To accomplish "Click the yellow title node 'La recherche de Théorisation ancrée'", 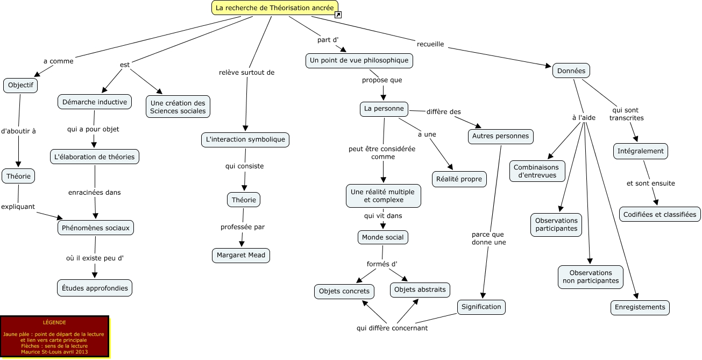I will coord(274,8).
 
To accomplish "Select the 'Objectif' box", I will coord(20,85).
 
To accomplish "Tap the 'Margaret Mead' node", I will coord(241,255).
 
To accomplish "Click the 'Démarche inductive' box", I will coord(95,102).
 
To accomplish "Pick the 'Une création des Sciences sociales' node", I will coord(178,107).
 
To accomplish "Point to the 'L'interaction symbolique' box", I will coord(245,139).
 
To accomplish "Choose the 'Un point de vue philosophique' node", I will coord(359,60).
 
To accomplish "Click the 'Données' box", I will coord(571,70).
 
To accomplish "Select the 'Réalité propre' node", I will coord(459,179).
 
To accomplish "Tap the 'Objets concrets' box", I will coord(344,291).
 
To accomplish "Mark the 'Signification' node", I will coord(481,307).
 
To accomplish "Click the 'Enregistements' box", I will coord(640,307).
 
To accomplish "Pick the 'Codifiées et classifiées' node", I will coord(660,214).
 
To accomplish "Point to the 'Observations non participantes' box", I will coord(591,277).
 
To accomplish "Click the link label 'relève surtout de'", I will coord(247,72).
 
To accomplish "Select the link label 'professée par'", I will coord(243,227).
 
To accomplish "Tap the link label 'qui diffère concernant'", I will coord(392,328).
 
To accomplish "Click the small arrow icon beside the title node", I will coord(338,15).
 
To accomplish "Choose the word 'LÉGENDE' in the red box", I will coord(54,322).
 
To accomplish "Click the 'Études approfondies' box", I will coord(95,288).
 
